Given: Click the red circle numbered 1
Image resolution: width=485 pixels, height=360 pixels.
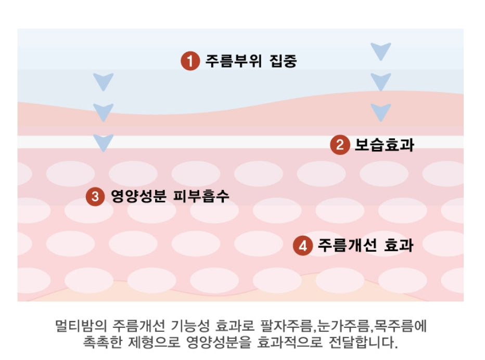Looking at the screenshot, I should pyautogui.click(x=190, y=61).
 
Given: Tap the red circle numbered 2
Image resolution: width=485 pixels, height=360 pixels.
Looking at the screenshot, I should pyautogui.click(x=340, y=145).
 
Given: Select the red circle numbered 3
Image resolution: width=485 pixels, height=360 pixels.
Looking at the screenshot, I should pyautogui.click(x=95, y=197).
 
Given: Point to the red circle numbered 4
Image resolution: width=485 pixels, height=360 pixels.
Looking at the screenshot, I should pyautogui.click(x=302, y=246).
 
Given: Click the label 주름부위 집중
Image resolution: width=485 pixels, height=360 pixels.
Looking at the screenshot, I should pyautogui.click(x=251, y=61).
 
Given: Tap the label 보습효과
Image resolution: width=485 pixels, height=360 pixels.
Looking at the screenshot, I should pyautogui.click(x=384, y=145).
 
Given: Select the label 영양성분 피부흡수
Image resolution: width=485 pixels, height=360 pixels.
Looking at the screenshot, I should pyautogui.click(x=170, y=197).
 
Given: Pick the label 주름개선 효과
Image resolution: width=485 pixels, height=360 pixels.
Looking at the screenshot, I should pyautogui.click(x=365, y=246).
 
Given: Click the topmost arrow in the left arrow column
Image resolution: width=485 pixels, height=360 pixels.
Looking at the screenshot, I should pyautogui.click(x=103, y=81).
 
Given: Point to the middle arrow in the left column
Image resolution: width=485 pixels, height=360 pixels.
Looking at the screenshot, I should pyautogui.click(x=103, y=111).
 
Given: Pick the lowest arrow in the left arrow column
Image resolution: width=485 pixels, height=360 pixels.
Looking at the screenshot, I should pyautogui.click(x=103, y=142).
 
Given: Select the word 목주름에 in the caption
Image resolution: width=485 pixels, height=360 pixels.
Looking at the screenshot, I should pyautogui.click(x=405, y=327).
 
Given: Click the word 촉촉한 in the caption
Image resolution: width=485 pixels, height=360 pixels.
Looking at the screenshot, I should pyautogui.click(x=103, y=343).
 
